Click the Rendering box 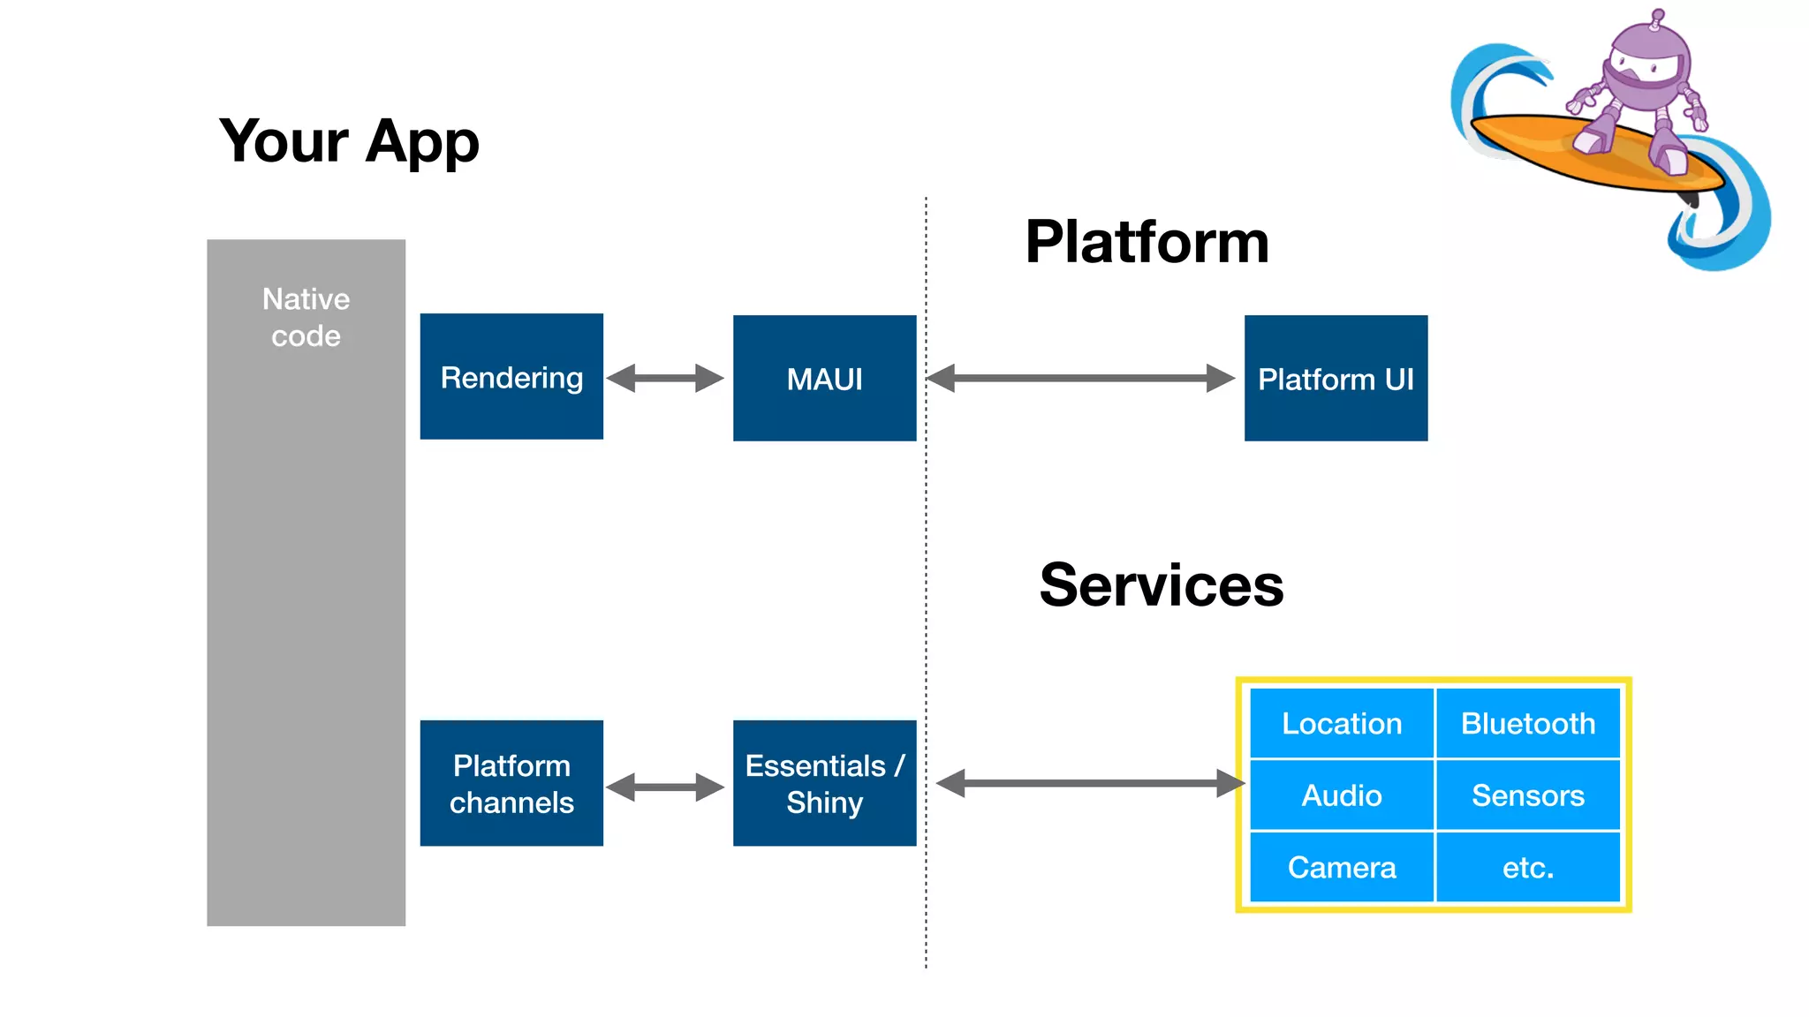click(x=511, y=377)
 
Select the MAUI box click(x=824, y=379)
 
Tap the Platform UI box click(x=1336, y=379)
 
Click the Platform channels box click(x=511, y=783)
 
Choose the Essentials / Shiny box click(x=824, y=783)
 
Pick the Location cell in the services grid click(x=1341, y=724)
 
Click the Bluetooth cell click(x=1528, y=724)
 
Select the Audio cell click(x=1341, y=795)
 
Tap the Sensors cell click(x=1528, y=795)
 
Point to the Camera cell click(x=1341, y=867)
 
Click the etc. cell click(x=1528, y=867)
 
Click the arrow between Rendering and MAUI click(x=665, y=378)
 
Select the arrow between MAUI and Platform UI click(x=1080, y=378)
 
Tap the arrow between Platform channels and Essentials click(x=665, y=787)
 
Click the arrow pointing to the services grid click(x=1089, y=783)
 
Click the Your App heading click(x=349, y=141)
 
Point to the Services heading click(x=1161, y=585)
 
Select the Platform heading click(x=1147, y=242)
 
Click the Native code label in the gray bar click(x=306, y=317)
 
